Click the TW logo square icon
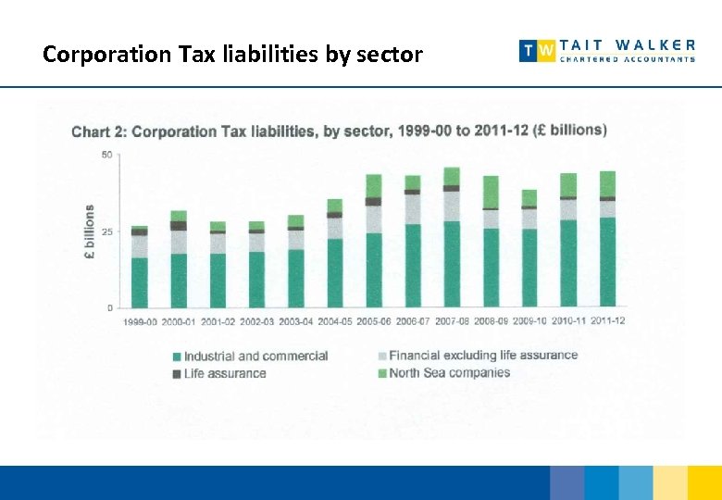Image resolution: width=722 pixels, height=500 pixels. coord(538,51)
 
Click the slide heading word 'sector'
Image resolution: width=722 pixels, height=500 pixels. coord(386,55)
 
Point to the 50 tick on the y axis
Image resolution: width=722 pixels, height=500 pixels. coord(106,155)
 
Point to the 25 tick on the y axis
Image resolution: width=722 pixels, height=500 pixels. coord(106,231)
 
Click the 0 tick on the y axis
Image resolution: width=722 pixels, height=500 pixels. coord(109,307)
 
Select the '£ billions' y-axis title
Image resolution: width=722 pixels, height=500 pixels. coord(90,231)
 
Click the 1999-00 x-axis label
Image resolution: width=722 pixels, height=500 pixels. coord(140,320)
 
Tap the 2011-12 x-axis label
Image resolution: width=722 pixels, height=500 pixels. coord(607,320)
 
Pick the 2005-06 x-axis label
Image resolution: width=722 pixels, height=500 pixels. coord(373,320)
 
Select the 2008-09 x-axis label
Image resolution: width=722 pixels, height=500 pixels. coord(491,320)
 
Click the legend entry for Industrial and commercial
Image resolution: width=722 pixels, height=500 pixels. coord(255,356)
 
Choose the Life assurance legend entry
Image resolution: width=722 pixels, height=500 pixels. coord(225,373)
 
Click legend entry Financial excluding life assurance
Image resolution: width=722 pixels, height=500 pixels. coord(483,356)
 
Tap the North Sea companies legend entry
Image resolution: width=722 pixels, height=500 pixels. coord(449,373)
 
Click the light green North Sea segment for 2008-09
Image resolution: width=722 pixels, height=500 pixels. coord(491,192)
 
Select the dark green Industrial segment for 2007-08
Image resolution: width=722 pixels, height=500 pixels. coord(452,264)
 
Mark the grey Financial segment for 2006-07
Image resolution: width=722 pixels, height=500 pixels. coord(413,209)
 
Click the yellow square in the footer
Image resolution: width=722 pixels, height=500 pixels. coord(670,482)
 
